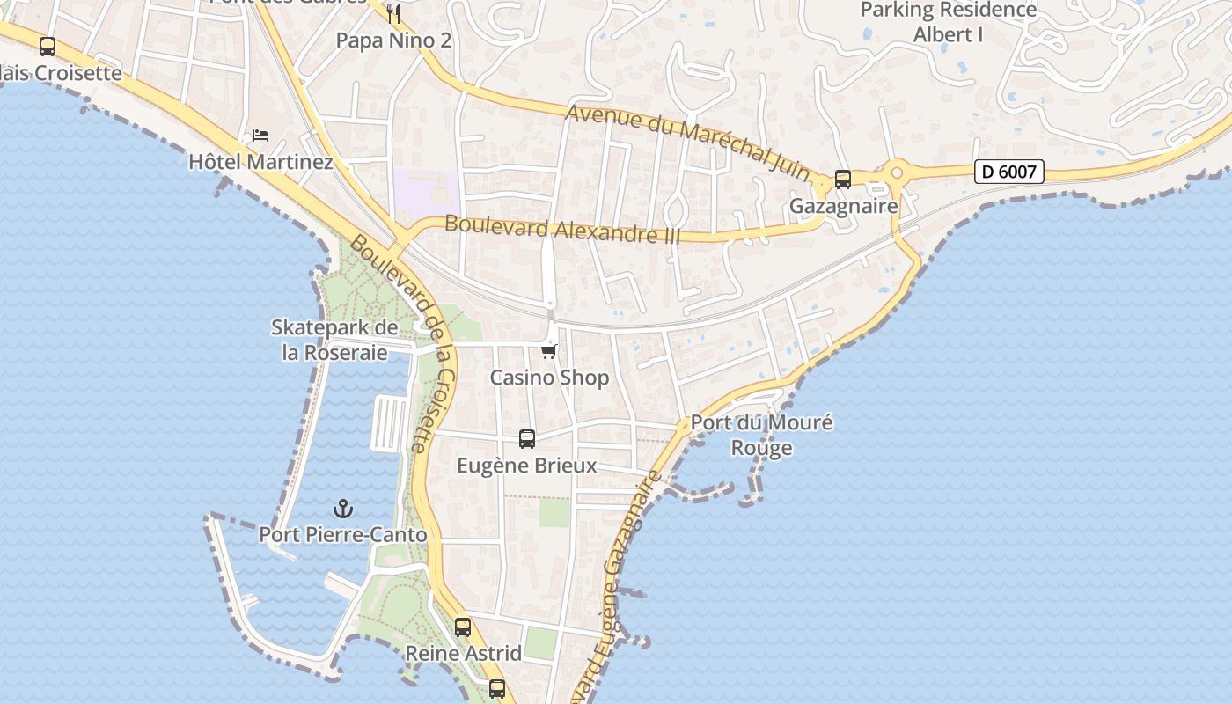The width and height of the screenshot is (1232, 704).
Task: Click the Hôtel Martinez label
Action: [260, 162]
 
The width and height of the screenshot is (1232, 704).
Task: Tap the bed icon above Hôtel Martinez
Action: [260, 136]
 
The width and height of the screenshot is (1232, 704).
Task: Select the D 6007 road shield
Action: [1008, 172]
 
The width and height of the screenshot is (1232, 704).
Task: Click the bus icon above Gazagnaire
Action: [842, 180]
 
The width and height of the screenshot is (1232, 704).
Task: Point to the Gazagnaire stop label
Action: [843, 206]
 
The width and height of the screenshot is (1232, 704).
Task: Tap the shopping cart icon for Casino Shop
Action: [549, 352]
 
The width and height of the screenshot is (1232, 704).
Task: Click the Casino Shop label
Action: [549, 378]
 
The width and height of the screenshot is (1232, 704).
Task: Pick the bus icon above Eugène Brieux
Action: [527, 438]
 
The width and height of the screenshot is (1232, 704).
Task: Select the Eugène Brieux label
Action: [526, 466]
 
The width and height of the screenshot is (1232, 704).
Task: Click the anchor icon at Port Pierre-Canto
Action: [342, 509]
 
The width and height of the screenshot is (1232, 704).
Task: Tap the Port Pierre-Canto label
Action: [342, 534]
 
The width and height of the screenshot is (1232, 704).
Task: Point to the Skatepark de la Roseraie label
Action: [334, 340]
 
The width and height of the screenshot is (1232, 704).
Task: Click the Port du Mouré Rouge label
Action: [761, 435]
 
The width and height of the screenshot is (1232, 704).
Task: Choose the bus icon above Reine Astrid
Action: [463, 627]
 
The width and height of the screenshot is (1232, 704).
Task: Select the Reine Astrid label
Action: [463, 654]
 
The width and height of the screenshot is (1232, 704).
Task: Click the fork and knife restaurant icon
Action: [393, 13]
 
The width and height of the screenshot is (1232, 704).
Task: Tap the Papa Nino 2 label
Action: [393, 40]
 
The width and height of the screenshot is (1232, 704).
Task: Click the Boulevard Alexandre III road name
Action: [563, 229]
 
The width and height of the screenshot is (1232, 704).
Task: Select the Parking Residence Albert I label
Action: [949, 22]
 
